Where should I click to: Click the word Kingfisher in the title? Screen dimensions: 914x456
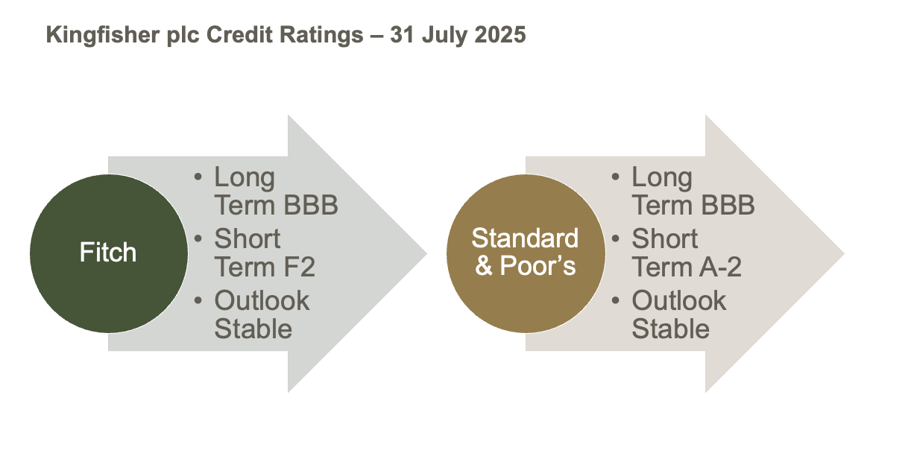pos(102,35)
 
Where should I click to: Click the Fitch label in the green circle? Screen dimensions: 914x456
pos(108,252)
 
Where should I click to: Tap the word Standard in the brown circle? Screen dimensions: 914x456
pos(525,238)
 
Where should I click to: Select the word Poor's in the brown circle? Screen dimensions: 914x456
pos(538,265)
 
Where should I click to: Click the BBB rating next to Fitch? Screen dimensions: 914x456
pos(311,205)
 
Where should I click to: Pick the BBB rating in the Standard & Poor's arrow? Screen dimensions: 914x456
pos(728,205)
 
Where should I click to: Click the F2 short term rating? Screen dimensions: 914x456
pos(299,267)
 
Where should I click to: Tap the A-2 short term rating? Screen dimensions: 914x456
pos(721,267)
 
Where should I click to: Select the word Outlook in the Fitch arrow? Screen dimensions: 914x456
pos(262,300)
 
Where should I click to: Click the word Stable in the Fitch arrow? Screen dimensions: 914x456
pos(253,329)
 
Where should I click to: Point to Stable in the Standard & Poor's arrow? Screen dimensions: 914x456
pos(671,329)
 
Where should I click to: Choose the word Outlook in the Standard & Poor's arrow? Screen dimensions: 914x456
pos(679,300)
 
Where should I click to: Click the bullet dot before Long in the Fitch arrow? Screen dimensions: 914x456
pos(198,177)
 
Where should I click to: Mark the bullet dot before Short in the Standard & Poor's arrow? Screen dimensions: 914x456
pos(616,238)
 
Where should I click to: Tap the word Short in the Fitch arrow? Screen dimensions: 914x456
pos(248,238)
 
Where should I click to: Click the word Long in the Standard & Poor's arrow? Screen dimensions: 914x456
pos(662,178)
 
